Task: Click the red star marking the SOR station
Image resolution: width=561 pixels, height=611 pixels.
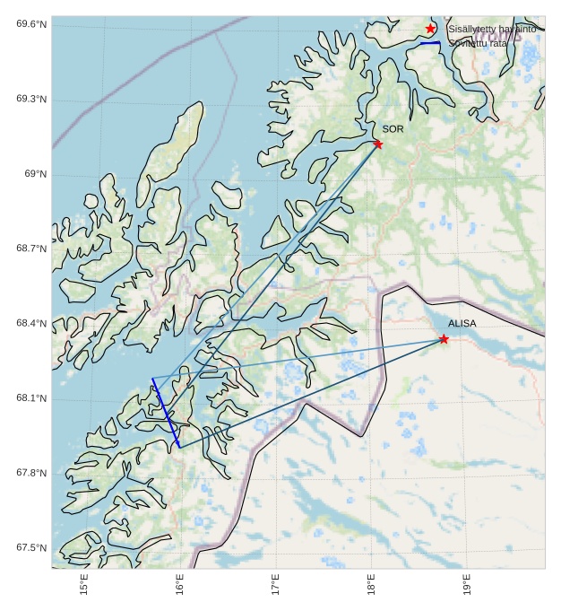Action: point(377,144)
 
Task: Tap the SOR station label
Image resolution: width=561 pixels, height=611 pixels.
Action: point(393,129)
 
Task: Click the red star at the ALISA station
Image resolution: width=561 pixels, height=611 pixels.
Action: point(444,338)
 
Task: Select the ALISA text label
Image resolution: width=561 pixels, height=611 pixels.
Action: point(462,323)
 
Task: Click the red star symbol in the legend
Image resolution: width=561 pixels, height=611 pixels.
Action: point(430,29)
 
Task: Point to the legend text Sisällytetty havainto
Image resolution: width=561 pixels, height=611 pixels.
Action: point(492,30)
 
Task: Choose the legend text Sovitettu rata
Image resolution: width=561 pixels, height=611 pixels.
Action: point(478,43)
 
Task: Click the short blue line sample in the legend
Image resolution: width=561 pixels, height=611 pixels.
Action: point(430,43)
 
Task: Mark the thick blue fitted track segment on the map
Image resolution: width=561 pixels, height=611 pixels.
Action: point(166,413)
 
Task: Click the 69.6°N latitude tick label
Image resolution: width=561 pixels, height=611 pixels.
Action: point(31,24)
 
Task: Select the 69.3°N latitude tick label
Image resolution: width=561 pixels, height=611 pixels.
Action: point(31,99)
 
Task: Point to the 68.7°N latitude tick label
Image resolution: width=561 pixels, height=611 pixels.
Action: point(31,249)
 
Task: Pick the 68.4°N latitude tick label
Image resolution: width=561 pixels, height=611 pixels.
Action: point(31,323)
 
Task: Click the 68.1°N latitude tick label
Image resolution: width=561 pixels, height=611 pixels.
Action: point(31,398)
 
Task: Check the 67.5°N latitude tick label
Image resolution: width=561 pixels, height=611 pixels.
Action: point(31,548)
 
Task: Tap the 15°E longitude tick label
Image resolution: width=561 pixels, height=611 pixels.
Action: point(84,587)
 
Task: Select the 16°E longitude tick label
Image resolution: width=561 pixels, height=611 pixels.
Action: point(180,587)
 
